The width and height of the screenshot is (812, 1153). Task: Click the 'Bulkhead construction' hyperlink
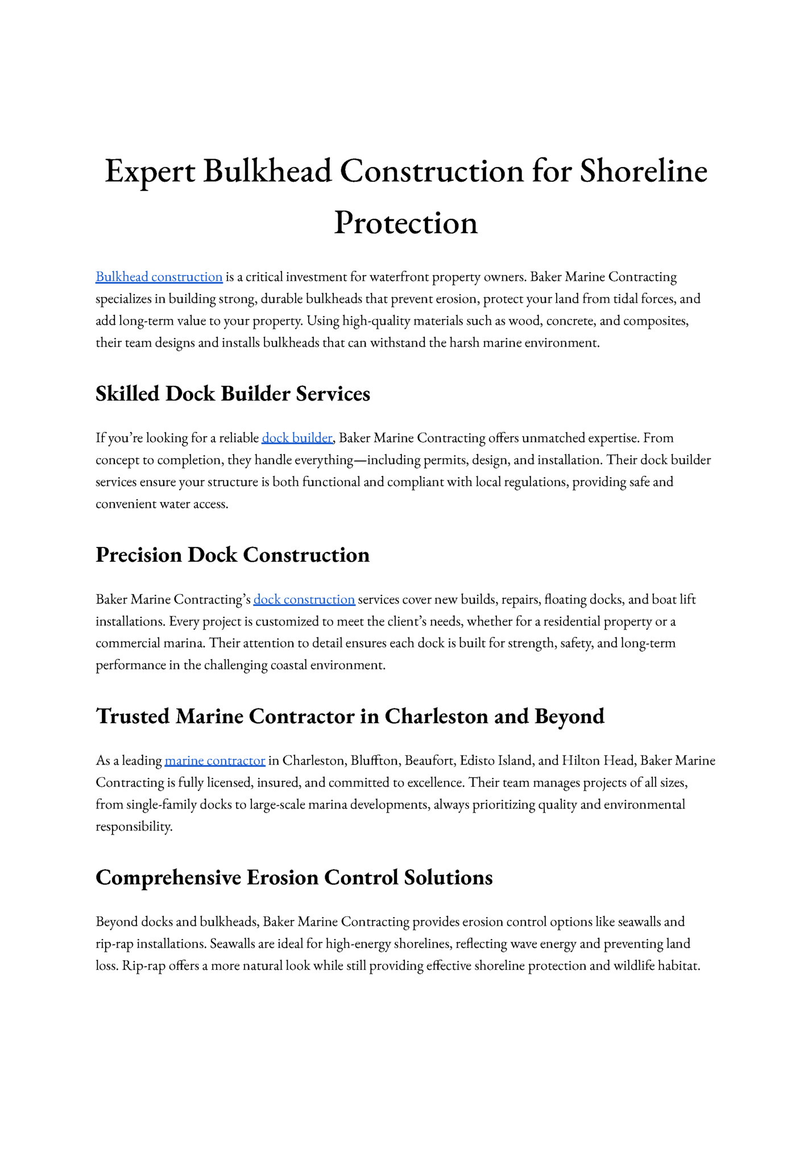pos(159,277)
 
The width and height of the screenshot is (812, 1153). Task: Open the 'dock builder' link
pos(297,438)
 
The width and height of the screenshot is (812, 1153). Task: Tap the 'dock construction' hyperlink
pos(304,599)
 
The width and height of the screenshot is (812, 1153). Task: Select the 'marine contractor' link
pos(215,760)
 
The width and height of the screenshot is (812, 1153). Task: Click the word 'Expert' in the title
pos(150,171)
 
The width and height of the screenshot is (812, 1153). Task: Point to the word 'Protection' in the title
pos(405,223)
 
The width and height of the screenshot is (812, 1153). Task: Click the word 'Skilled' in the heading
pos(127,393)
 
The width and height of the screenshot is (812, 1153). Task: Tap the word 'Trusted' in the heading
pos(132,716)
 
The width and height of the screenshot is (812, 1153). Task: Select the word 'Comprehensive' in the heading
pos(168,877)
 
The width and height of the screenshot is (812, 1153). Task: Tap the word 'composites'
pos(656,321)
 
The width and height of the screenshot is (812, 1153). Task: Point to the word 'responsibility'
pos(133,826)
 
